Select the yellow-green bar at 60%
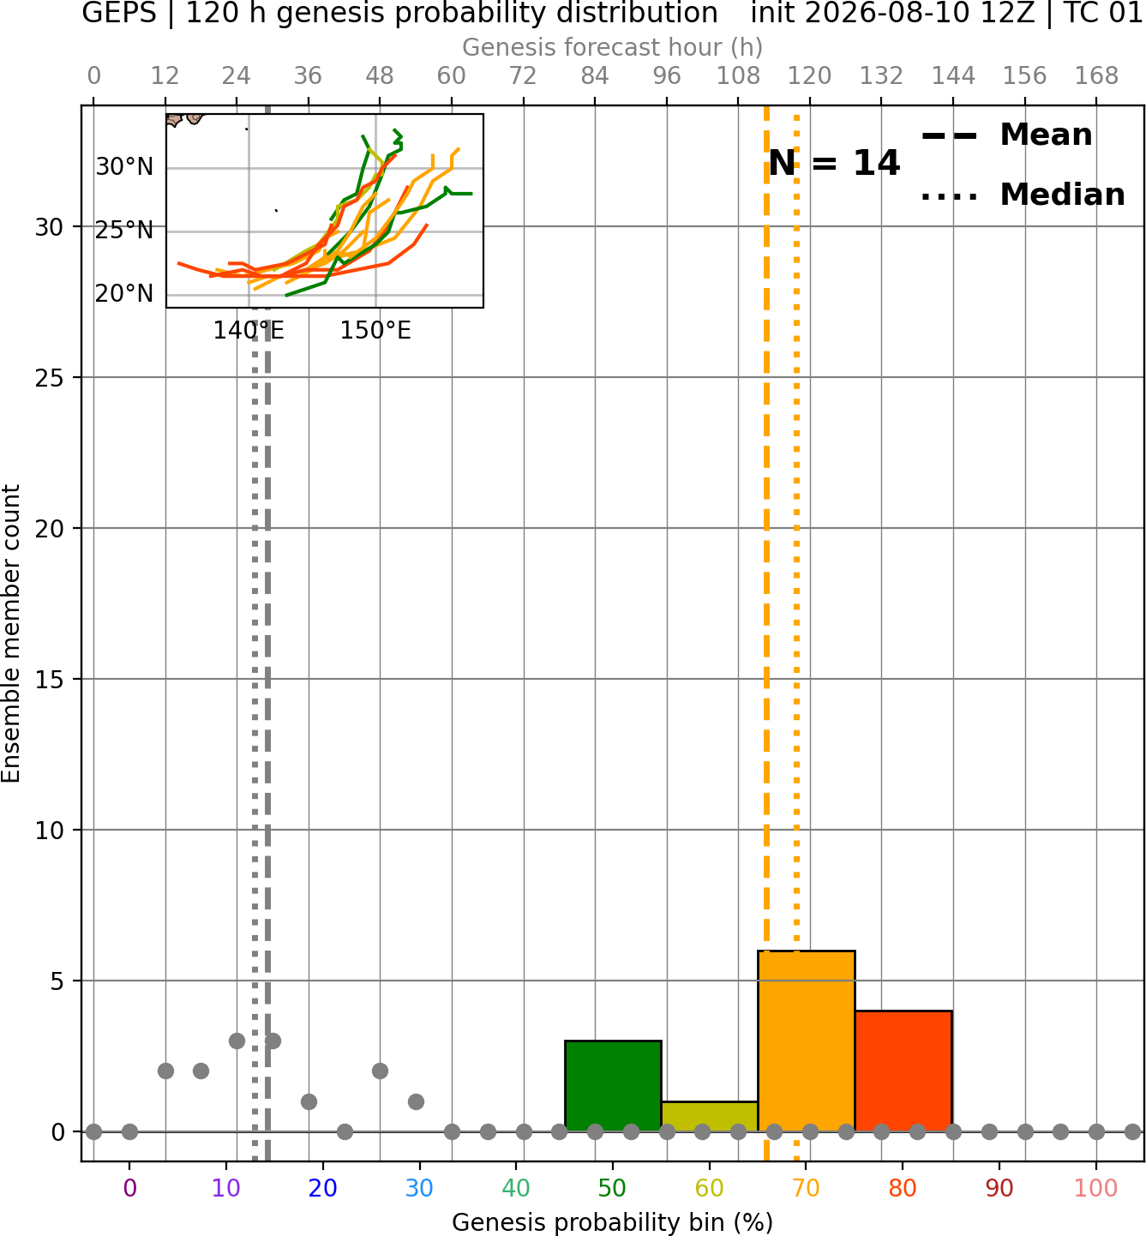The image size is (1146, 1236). [x=710, y=1117]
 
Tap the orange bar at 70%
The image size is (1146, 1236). [x=806, y=1041]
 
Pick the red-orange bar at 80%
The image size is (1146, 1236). [x=903, y=1071]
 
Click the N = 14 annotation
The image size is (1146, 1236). [x=834, y=163]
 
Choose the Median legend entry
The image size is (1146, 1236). [x=1023, y=195]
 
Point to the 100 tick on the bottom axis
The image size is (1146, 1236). [x=1096, y=1188]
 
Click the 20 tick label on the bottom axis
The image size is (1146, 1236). [x=323, y=1188]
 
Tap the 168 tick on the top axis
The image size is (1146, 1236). [x=1096, y=76]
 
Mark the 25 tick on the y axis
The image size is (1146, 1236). [x=50, y=378]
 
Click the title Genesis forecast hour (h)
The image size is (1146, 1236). [x=613, y=47]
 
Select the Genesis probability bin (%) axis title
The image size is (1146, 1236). [x=613, y=1222]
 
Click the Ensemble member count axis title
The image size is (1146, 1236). [x=10, y=633]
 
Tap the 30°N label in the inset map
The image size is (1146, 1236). [x=124, y=167]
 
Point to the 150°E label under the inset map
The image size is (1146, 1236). [x=375, y=331]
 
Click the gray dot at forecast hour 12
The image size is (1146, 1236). [x=165, y=1071]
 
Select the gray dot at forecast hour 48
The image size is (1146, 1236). [x=380, y=1071]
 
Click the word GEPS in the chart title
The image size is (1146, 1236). [x=119, y=13]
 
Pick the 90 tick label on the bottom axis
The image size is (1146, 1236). [x=999, y=1188]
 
